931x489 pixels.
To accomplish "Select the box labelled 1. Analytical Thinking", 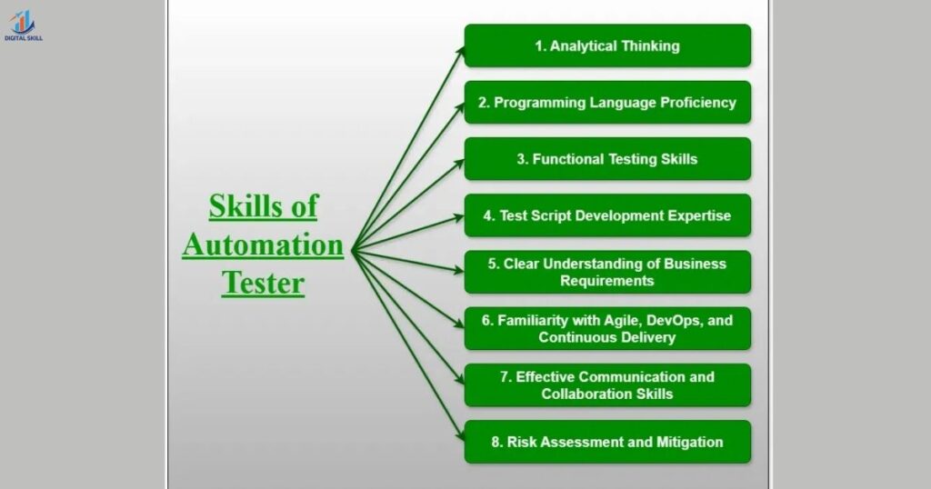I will pos(607,45).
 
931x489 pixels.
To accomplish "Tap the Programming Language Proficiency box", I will pos(607,103).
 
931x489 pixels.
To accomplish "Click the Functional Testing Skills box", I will pos(607,159).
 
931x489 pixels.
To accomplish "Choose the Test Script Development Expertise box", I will pos(607,216).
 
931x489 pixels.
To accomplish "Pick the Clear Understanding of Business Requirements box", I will pos(607,273).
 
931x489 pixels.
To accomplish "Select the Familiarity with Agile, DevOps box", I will pos(607,329).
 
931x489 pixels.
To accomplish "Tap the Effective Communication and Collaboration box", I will pos(607,385).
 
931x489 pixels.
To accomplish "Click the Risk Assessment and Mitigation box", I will pos(607,443).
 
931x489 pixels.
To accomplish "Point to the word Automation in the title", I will pos(263,244).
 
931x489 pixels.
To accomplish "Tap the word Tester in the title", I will pos(263,283).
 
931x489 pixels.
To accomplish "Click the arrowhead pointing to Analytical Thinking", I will pos(460,51).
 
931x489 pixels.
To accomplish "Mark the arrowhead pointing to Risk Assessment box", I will pos(460,438).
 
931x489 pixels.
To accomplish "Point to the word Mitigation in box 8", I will pos(689,443).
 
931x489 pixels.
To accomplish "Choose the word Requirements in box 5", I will pos(606,282).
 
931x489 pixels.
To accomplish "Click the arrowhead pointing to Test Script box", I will pos(459,217).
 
